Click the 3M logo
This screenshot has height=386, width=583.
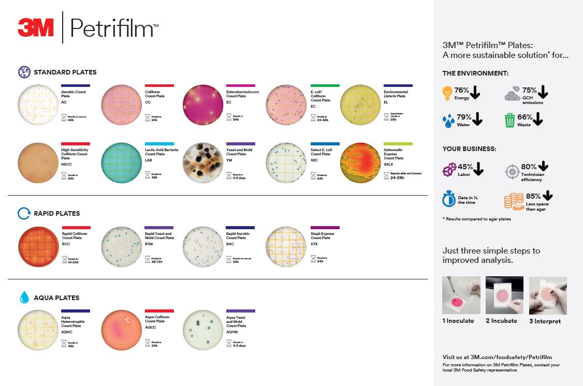tap(36, 27)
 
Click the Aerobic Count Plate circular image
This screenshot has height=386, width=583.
tap(37, 105)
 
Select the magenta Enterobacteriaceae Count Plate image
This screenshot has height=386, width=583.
tap(203, 105)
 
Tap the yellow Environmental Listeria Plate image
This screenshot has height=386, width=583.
tap(360, 105)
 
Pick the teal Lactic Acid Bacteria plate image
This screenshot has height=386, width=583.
tap(121, 163)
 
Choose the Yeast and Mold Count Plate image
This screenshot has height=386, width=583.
tap(203, 163)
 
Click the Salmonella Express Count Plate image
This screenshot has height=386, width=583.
tap(360, 163)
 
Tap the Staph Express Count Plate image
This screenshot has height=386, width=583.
tap(285, 247)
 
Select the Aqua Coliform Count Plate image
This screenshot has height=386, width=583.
tap(121, 331)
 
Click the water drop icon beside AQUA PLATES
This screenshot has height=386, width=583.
tap(24, 298)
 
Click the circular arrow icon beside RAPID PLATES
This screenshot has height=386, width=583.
tap(24, 213)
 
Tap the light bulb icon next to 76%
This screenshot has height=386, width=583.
tap(447, 93)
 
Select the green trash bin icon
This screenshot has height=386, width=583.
tap(510, 121)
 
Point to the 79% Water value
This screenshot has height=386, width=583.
tap(464, 117)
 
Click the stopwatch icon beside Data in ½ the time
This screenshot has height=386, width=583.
tap(448, 200)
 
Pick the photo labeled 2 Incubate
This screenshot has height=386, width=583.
tap(504, 295)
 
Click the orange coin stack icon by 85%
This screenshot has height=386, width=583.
tap(514, 201)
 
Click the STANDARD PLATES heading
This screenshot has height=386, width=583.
tap(65, 72)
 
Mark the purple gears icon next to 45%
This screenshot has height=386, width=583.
tap(449, 170)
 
